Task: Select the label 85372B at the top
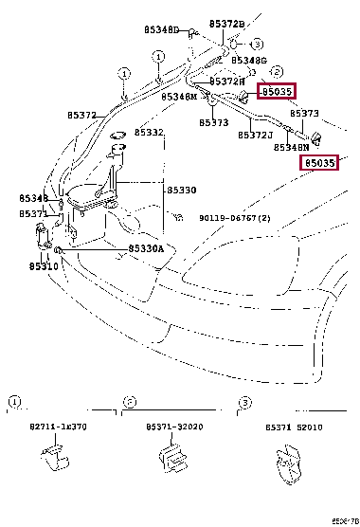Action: (x=226, y=23)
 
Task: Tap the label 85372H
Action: (x=226, y=82)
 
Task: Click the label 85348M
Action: (x=179, y=97)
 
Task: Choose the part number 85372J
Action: (x=255, y=135)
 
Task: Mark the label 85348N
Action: (x=291, y=147)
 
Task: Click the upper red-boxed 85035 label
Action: (x=278, y=92)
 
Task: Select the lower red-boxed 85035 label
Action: (x=319, y=163)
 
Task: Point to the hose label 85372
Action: (x=81, y=116)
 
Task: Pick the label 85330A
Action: (x=147, y=248)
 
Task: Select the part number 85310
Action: (x=43, y=266)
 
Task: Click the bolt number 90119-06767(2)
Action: (x=234, y=217)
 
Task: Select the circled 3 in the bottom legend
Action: (x=243, y=403)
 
